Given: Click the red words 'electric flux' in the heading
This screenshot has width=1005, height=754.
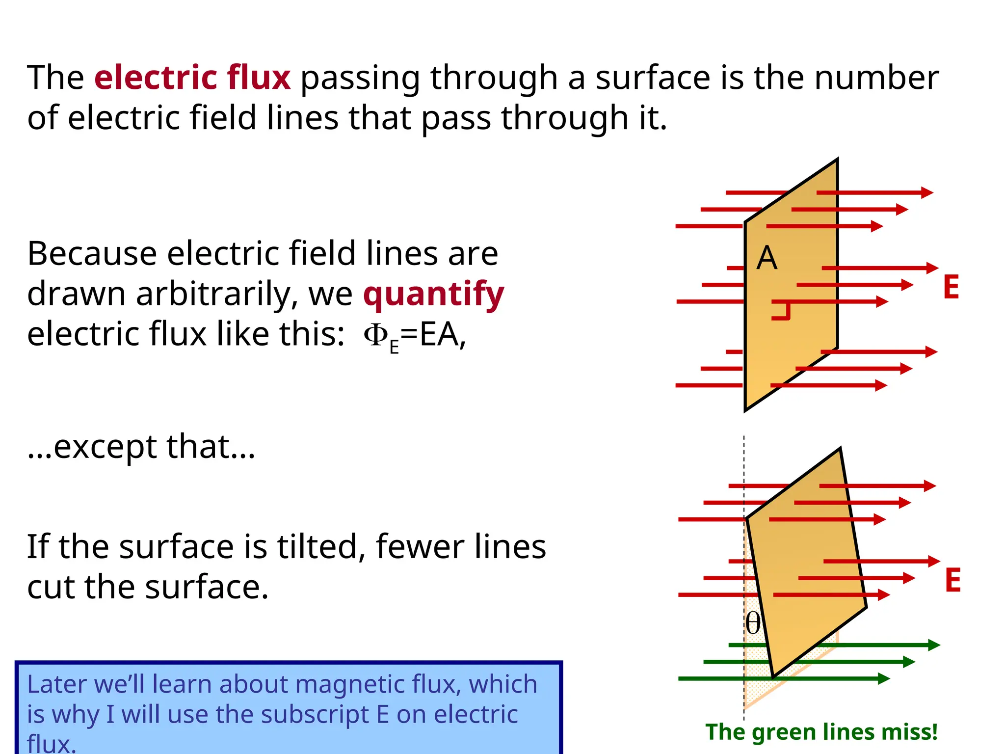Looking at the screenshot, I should (x=192, y=78).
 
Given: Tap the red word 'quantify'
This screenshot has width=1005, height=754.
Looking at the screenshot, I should (x=433, y=294).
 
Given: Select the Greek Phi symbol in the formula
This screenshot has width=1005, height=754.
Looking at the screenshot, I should (x=376, y=335).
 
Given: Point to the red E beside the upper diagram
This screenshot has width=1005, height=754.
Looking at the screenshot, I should (x=951, y=287).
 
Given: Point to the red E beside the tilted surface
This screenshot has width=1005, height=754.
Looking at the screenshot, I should (x=952, y=580).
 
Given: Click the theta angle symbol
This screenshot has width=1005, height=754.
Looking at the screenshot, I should (x=753, y=623).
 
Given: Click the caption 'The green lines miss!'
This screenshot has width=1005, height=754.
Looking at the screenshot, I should (x=821, y=732).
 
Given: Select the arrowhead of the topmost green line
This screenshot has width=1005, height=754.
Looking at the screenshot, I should (x=934, y=645).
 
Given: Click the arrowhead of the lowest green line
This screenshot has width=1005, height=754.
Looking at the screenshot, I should (x=883, y=678).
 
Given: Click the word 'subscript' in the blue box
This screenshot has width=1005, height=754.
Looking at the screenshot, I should (x=316, y=714).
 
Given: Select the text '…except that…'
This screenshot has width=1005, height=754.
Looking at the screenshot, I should (x=141, y=446).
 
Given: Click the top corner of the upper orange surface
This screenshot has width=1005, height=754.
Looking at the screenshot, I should (x=837, y=160).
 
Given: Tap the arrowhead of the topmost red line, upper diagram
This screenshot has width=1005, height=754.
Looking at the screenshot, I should (x=927, y=192).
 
